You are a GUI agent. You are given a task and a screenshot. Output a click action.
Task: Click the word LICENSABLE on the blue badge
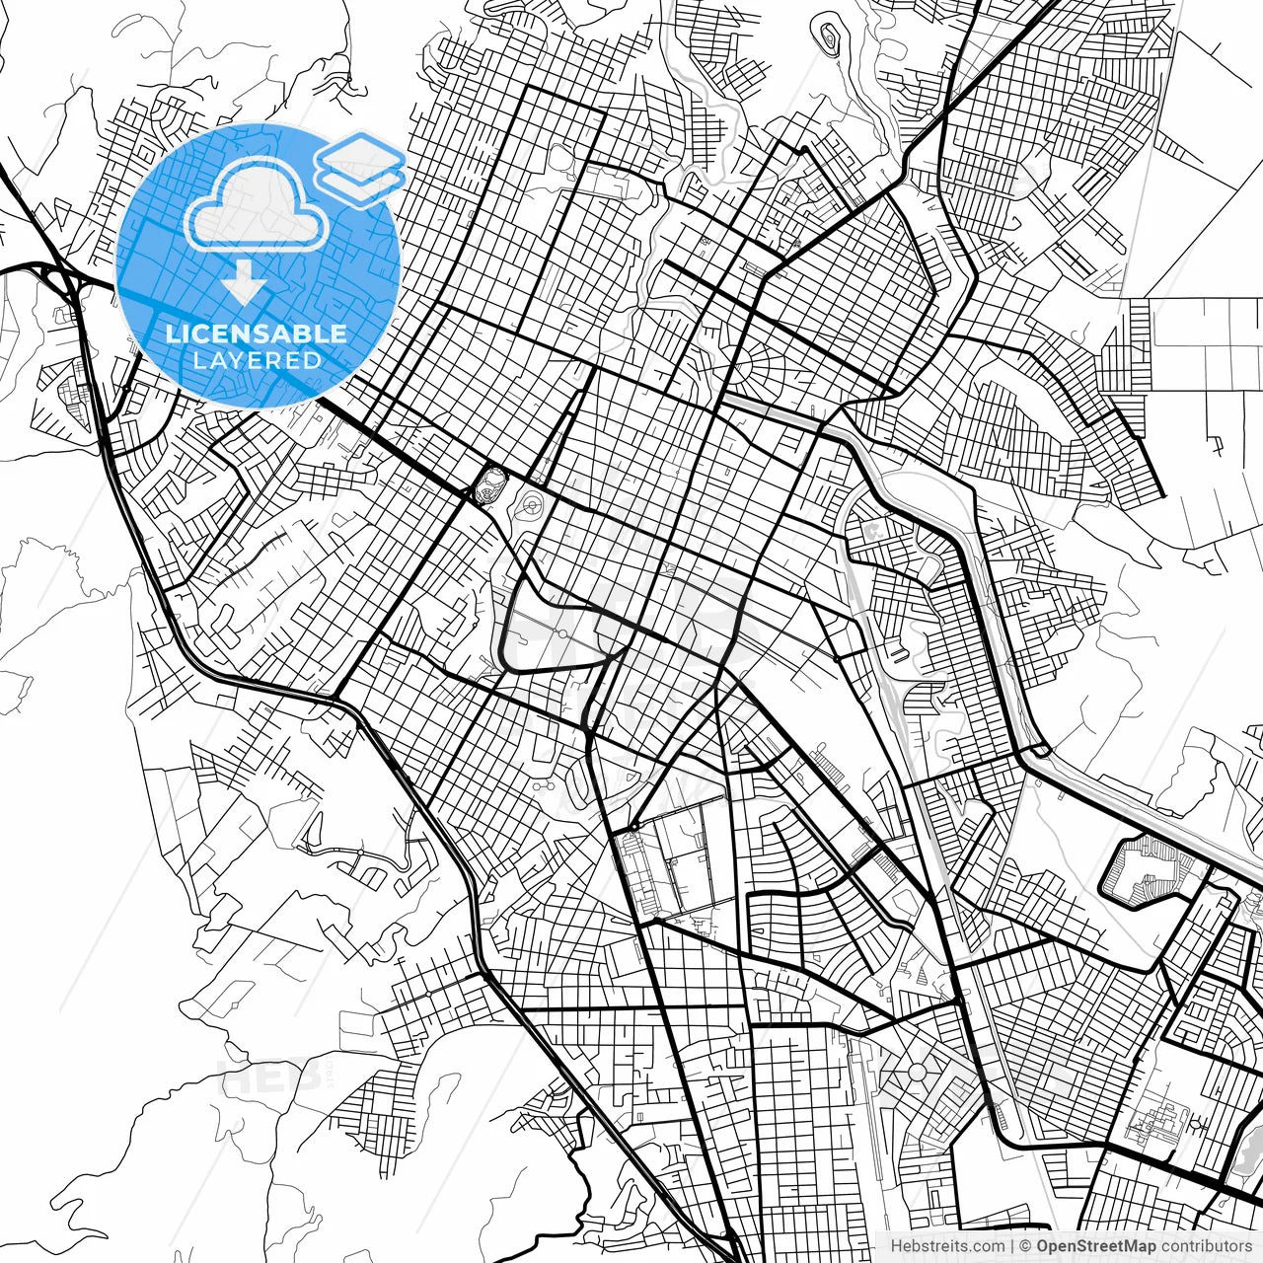[x=257, y=334]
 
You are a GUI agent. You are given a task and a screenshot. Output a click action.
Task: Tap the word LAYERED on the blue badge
[x=257, y=361]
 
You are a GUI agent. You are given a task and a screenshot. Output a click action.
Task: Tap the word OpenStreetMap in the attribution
[x=1096, y=1246]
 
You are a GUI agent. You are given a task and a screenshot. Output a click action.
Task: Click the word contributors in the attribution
[x=1206, y=1246]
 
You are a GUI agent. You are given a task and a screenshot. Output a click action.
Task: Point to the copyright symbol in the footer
[x=1025, y=1246]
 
